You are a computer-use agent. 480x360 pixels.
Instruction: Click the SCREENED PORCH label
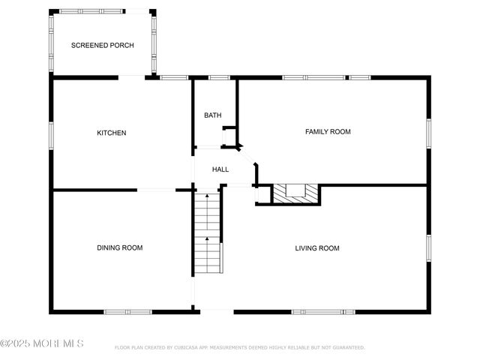[x=103, y=46]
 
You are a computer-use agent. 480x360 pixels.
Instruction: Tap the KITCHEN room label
[x=112, y=133]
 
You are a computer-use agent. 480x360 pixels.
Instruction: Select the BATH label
[x=213, y=115]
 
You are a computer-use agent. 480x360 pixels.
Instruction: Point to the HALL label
[x=220, y=169]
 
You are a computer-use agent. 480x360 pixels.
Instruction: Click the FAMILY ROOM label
[x=328, y=132]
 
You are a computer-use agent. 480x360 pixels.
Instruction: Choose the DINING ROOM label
[x=119, y=247]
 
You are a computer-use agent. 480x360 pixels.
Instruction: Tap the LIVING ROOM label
[x=317, y=248]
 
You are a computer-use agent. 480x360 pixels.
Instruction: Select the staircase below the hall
[x=208, y=232]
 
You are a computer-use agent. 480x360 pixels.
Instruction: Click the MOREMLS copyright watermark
[x=43, y=343]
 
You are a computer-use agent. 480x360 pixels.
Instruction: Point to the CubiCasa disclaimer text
[x=239, y=347]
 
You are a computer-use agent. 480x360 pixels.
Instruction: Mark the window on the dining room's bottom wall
[x=128, y=311]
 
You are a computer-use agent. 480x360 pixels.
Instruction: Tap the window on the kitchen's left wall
[x=52, y=134]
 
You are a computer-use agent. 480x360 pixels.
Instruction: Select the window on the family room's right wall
[x=428, y=132]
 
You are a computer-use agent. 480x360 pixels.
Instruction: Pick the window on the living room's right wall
[x=428, y=248]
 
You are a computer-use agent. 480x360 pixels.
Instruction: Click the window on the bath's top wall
[x=218, y=77]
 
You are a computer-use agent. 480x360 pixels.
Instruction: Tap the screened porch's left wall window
[x=52, y=43]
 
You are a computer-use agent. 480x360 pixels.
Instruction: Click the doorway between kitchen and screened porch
[x=132, y=76]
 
